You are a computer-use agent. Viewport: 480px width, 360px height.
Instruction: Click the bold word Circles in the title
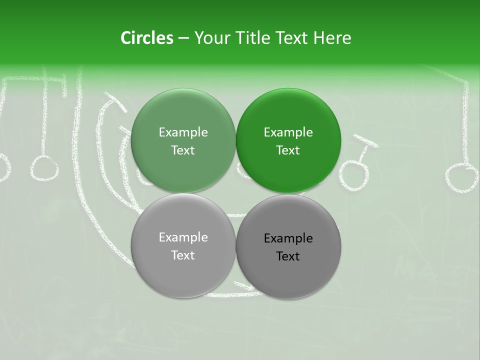point(146,38)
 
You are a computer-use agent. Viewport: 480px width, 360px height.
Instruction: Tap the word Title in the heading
point(253,38)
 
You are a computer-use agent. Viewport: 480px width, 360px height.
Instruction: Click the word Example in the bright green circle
point(288,132)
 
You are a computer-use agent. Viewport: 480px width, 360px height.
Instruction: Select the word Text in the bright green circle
point(288,150)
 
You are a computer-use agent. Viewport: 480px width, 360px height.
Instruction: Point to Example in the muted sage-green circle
point(183,132)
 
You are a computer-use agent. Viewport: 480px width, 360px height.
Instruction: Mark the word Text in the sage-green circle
point(183,150)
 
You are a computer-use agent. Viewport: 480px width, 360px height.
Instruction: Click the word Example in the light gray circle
point(183,237)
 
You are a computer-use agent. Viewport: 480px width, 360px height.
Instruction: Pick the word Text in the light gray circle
point(183,255)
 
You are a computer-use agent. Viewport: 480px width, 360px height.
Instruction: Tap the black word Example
point(288,238)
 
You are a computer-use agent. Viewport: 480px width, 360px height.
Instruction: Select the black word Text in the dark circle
point(288,256)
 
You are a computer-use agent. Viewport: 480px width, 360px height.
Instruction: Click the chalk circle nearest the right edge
point(462,178)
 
